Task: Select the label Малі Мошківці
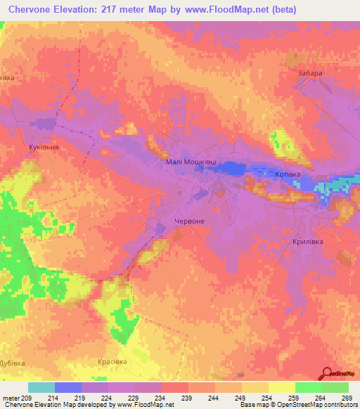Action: [x=191, y=162]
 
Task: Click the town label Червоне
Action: [x=190, y=221]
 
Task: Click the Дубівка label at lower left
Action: [x=12, y=363]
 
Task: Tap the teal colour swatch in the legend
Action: [x=41, y=387]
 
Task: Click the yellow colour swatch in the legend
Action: [x=281, y=387]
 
